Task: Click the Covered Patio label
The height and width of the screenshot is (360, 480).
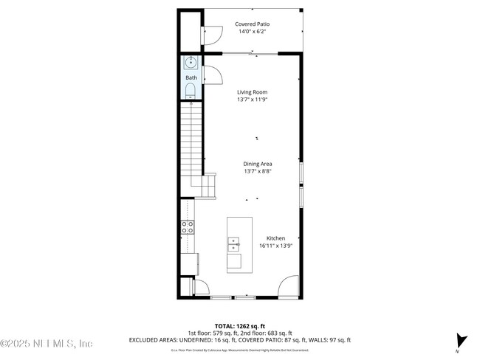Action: click(x=252, y=24)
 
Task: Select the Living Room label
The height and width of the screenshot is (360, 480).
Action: click(x=252, y=92)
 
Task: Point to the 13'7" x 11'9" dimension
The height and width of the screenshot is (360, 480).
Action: click(x=252, y=100)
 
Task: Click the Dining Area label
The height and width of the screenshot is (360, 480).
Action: click(x=258, y=164)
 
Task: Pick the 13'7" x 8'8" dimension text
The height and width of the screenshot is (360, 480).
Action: click(x=258, y=171)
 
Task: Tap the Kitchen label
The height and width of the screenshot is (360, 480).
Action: click(x=275, y=238)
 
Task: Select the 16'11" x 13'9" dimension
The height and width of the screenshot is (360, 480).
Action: click(x=275, y=246)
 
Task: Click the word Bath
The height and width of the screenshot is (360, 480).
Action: click(x=191, y=77)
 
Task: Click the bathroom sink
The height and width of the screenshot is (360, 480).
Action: click(x=191, y=63)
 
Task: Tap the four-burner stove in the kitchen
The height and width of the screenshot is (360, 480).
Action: click(x=188, y=227)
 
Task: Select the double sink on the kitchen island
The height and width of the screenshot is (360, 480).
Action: click(x=234, y=243)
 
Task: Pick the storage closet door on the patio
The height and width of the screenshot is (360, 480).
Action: click(x=212, y=33)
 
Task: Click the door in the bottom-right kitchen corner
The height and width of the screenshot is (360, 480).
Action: click(x=289, y=285)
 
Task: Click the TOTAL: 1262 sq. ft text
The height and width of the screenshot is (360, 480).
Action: click(x=239, y=325)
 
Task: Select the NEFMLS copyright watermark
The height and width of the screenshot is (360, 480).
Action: click(x=46, y=344)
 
